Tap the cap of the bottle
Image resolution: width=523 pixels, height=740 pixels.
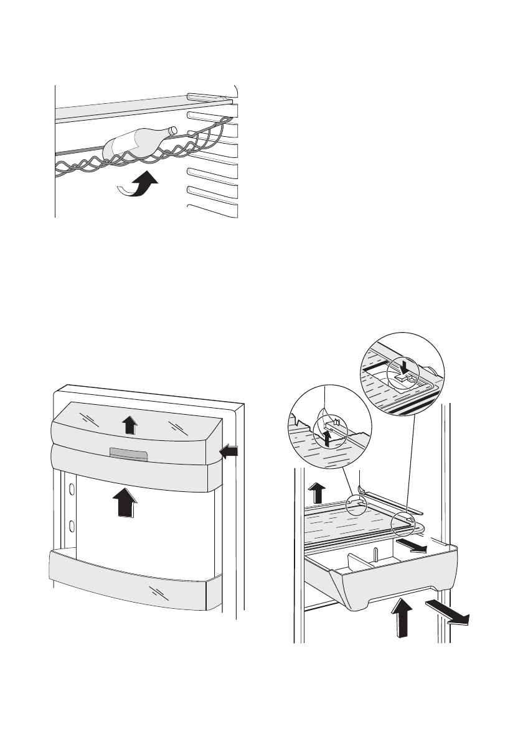tap(173, 130)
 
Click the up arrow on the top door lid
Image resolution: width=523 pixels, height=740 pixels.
tap(129, 425)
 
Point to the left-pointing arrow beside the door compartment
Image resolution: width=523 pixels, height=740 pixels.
tap(229, 453)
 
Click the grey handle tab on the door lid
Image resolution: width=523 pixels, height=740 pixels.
tap(127, 453)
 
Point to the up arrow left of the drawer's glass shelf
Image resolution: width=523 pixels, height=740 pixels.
tap(317, 494)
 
